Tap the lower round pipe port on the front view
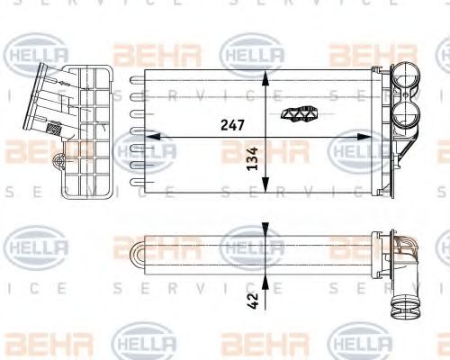coord(402,116)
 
